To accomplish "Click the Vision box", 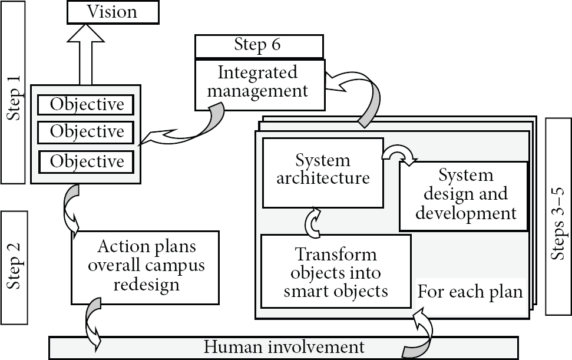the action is pyautogui.click(x=113, y=12).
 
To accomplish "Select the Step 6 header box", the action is pyautogui.click(x=259, y=46).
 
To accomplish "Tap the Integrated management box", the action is pyautogui.click(x=260, y=85).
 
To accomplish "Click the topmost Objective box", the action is pyautogui.click(x=86, y=105).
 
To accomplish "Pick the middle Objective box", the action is pyautogui.click(x=86, y=132).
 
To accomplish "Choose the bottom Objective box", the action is pyautogui.click(x=87, y=162).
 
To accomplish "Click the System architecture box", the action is pyautogui.click(x=323, y=173).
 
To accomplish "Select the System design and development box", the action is pyautogui.click(x=464, y=196).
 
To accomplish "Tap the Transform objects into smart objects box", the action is pyautogui.click(x=336, y=272).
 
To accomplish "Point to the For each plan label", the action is pyautogui.click(x=470, y=292).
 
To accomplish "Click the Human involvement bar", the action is pyautogui.click(x=283, y=348).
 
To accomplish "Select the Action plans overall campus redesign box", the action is pyautogui.click(x=145, y=267).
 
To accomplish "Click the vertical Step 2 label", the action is pyautogui.click(x=14, y=267).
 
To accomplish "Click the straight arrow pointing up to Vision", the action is pyautogui.click(x=86, y=55).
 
